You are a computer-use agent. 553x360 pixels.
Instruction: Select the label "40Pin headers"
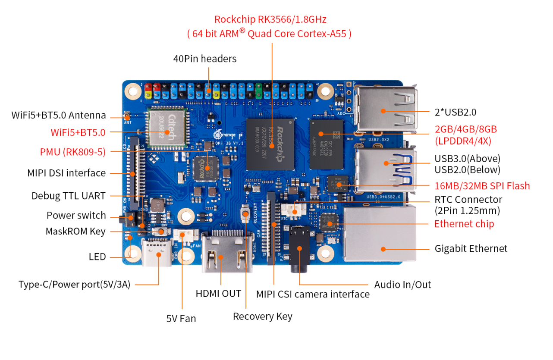(x=205, y=59)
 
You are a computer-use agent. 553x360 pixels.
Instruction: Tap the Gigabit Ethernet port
(x=380, y=235)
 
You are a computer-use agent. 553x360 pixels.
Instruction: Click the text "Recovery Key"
(x=262, y=316)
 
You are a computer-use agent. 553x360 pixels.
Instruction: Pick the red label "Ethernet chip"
(x=464, y=224)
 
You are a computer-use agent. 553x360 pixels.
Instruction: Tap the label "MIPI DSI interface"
(x=66, y=173)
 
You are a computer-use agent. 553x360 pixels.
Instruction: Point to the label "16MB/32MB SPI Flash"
(x=482, y=186)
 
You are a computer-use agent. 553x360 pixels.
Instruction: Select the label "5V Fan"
(x=181, y=319)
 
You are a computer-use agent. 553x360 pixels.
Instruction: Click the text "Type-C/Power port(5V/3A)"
(x=74, y=285)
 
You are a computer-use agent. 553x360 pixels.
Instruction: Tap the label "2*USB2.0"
(x=456, y=112)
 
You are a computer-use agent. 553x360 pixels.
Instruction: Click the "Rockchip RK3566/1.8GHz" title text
(x=270, y=19)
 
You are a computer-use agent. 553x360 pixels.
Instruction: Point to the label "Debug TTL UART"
(x=68, y=196)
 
